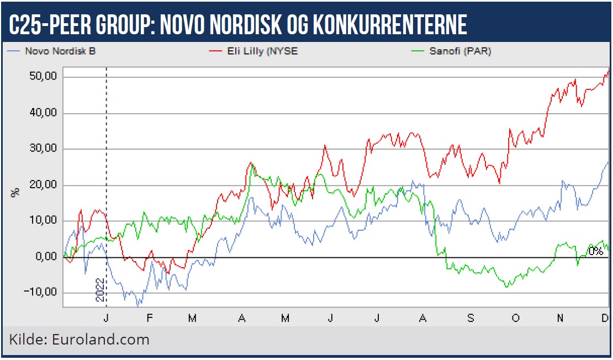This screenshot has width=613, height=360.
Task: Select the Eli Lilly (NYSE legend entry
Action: pos(254,51)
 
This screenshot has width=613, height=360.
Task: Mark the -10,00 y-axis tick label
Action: pos(41,293)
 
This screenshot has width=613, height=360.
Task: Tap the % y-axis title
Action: pos(15,192)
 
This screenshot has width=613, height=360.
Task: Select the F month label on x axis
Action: pos(150,318)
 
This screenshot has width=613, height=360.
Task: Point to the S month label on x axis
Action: pos(470,318)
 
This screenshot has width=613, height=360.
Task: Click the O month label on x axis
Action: pos(515,318)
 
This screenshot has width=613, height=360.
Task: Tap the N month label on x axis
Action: pos(560,318)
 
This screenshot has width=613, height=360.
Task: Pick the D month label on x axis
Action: pos(604,318)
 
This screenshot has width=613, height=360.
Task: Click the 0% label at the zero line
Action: pos(595,251)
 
